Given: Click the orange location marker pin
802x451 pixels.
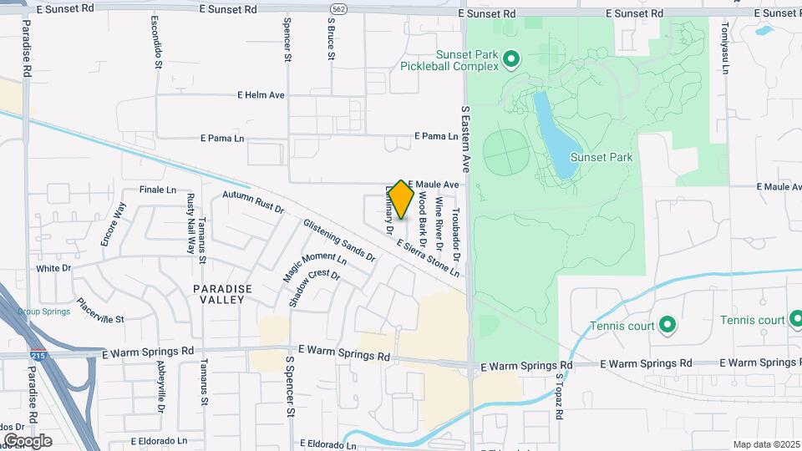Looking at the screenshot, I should coord(401,200).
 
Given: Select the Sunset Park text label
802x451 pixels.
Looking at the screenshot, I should coord(601,157).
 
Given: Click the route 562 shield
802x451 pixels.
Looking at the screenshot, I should coord(338,8).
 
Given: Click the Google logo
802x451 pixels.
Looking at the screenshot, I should coord(28,440).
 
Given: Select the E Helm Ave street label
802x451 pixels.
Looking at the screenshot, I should coord(261,95).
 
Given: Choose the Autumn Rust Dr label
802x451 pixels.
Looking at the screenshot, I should coord(253,203).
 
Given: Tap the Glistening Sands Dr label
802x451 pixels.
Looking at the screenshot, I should coord(339,241).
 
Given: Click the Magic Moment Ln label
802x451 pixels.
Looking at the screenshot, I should coord(313,268).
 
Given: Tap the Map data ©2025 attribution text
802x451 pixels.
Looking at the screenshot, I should coord(764,444).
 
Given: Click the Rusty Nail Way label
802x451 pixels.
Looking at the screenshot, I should coord(190,223).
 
